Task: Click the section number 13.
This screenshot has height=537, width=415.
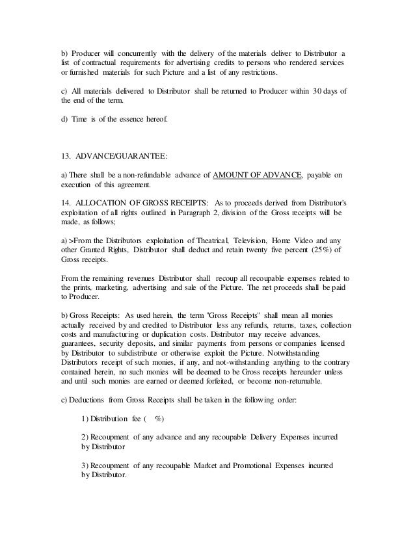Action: tap(64, 156)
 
